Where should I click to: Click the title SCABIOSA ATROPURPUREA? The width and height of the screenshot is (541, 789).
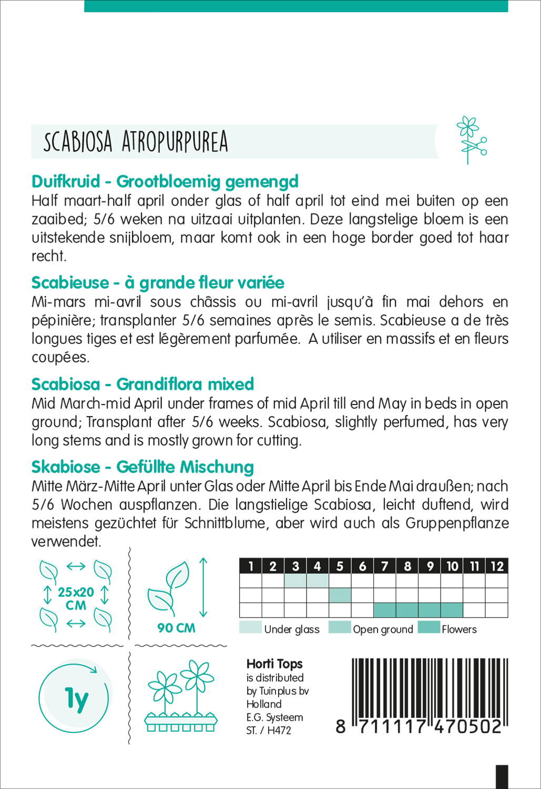[136, 141]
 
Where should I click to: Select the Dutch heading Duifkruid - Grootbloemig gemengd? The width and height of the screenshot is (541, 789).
[165, 181]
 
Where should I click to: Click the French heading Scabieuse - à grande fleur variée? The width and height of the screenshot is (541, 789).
[158, 283]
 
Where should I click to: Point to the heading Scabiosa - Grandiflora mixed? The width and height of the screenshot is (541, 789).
[142, 385]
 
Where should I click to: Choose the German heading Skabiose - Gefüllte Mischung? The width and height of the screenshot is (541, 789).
[142, 467]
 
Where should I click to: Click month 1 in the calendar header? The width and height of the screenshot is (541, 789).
[251, 567]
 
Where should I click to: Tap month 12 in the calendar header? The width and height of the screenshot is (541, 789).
[497, 567]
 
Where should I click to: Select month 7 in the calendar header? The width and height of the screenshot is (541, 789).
[385, 567]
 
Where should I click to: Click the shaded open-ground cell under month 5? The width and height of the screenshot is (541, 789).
[340, 595]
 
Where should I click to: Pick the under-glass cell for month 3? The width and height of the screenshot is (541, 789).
[295, 581]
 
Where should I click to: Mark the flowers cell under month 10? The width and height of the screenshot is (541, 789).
[452, 610]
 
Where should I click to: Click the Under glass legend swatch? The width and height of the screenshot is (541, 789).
[250, 628]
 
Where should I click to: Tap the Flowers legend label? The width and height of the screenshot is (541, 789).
[459, 629]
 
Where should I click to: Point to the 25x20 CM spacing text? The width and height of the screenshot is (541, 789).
[76, 599]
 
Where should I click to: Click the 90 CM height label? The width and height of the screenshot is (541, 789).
[176, 628]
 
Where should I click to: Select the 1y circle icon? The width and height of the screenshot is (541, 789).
[75, 698]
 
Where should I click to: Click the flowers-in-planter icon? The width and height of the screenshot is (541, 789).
[181, 697]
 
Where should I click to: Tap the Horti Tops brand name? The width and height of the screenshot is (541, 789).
[274, 664]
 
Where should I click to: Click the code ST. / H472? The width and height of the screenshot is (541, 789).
[268, 731]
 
